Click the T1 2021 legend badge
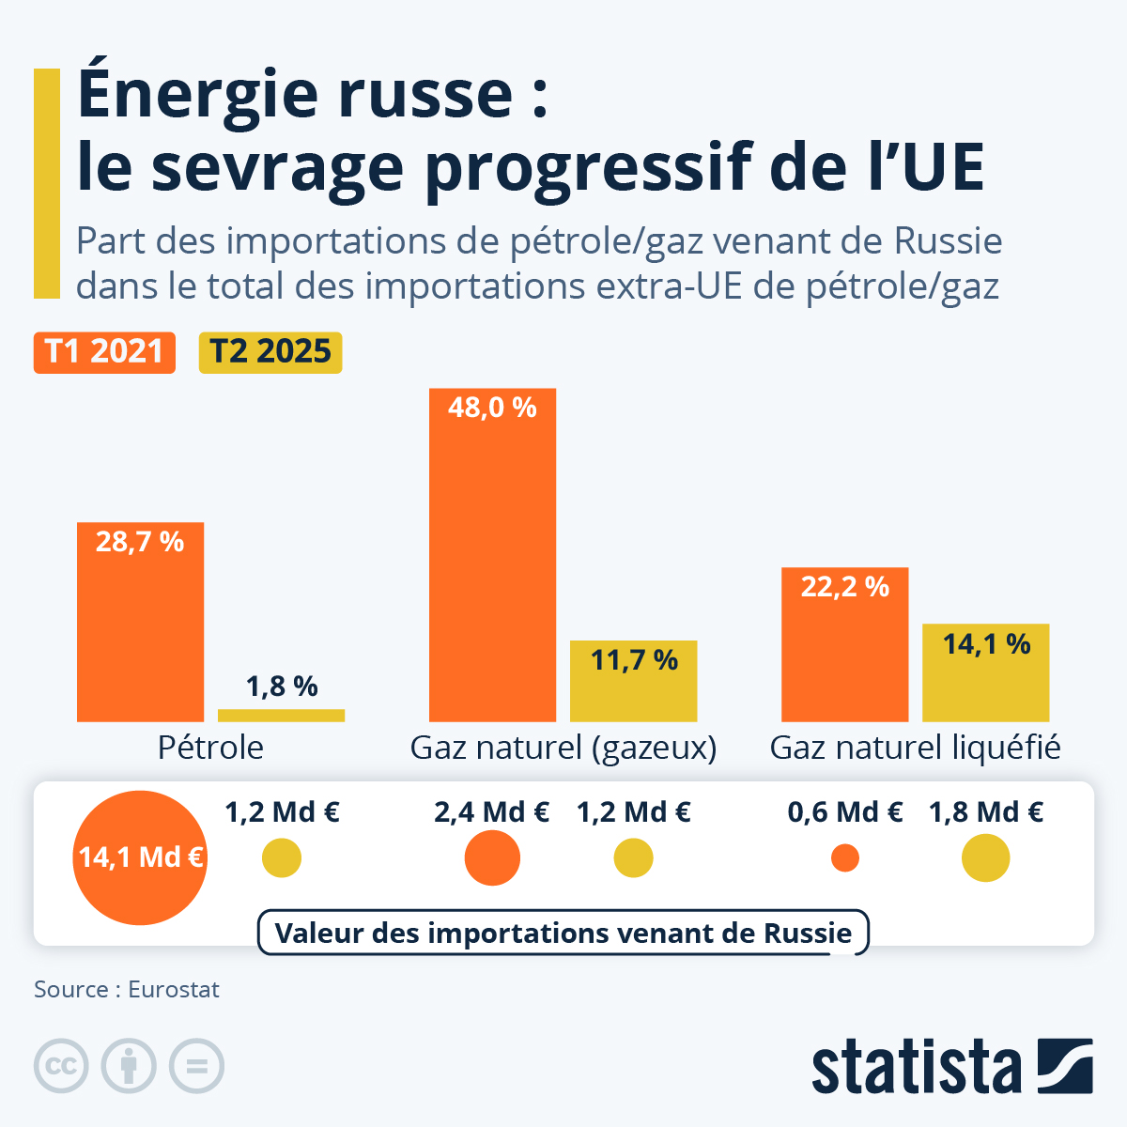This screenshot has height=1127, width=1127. (x=104, y=352)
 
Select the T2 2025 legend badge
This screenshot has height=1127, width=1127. (x=270, y=352)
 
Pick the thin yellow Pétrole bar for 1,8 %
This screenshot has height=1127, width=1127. (x=281, y=716)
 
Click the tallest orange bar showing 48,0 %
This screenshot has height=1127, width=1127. (x=492, y=554)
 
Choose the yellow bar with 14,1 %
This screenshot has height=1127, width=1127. (x=985, y=672)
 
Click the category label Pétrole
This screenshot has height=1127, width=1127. (x=210, y=748)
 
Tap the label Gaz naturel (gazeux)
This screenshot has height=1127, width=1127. (x=563, y=748)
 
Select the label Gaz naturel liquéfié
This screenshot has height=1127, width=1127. (x=915, y=748)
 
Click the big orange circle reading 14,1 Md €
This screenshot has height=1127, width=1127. (x=140, y=857)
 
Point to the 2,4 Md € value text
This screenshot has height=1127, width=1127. (x=491, y=812)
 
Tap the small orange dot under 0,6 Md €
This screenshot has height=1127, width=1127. (x=845, y=857)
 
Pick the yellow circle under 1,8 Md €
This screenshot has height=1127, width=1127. (x=985, y=857)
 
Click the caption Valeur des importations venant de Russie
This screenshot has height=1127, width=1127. (x=563, y=933)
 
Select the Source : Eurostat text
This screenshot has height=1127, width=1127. (x=127, y=990)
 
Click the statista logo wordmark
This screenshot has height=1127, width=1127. (x=916, y=1067)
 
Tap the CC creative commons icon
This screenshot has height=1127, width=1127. (x=61, y=1066)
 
